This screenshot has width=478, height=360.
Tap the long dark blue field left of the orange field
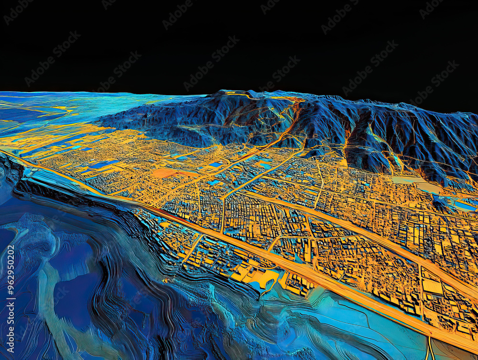103,164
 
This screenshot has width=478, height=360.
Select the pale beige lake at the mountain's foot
411,182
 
